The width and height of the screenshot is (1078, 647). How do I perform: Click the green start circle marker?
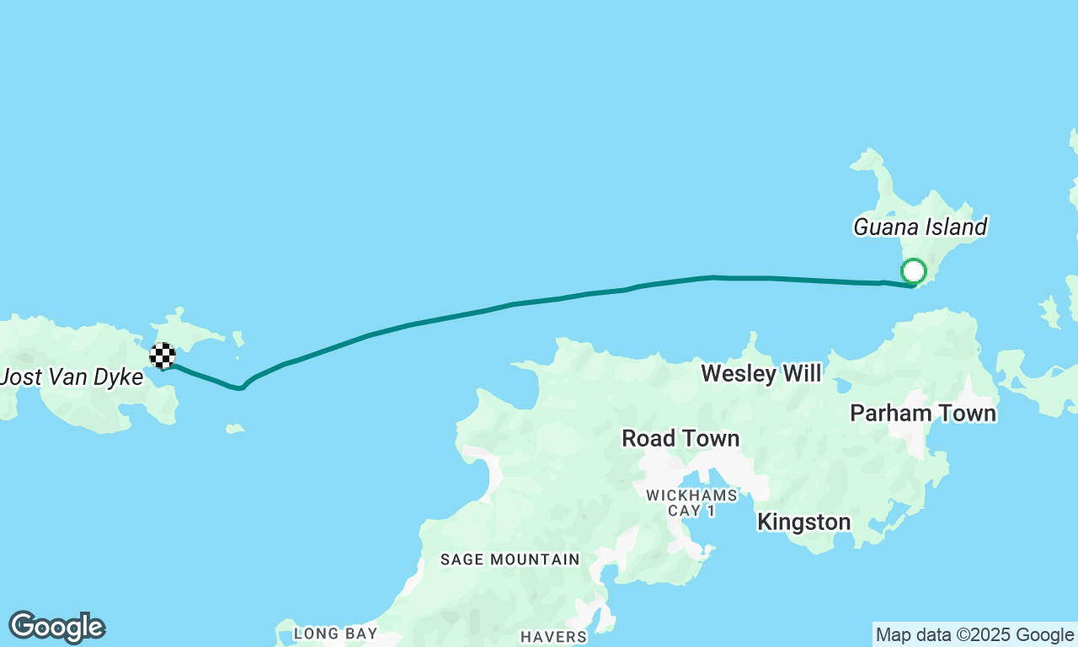[914, 271]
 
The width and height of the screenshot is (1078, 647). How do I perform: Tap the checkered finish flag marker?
[163, 356]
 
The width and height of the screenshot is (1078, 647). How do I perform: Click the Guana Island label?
[920, 227]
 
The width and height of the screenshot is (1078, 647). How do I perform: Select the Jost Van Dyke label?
[72, 377]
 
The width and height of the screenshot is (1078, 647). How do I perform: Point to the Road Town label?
[680, 438]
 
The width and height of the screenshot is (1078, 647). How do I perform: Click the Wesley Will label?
[760, 373]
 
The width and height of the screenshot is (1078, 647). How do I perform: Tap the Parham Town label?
[923, 413]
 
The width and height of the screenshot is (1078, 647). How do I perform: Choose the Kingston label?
[803, 521]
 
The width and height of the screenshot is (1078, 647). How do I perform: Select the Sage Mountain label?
[510, 559]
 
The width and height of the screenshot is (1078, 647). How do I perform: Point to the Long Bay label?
[335, 633]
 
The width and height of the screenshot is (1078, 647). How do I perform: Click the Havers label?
[553, 637]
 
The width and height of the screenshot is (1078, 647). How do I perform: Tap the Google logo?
[56, 628]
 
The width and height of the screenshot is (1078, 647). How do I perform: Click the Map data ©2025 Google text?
[974, 635]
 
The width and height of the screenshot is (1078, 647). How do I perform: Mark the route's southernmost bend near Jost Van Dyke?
[240, 388]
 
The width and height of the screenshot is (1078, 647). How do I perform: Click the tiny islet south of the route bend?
[235, 429]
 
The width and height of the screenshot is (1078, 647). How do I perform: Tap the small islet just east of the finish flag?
[238, 340]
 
